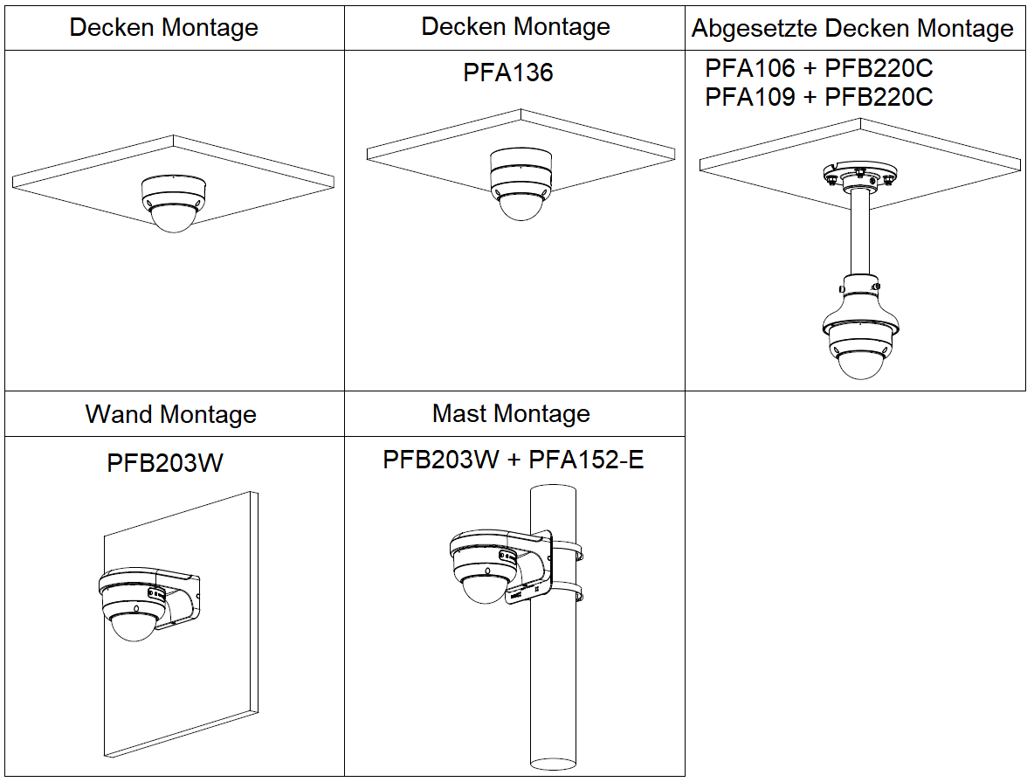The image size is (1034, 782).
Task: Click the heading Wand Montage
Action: pyautogui.click(x=170, y=414)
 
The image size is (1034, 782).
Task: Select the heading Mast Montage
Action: pyautogui.click(x=511, y=413)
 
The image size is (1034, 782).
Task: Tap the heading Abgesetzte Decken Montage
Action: pyautogui.click(x=852, y=28)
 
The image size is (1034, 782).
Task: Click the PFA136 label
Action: pyautogui.click(x=507, y=73)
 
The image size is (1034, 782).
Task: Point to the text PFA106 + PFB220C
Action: pyautogui.click(x=819, y=68)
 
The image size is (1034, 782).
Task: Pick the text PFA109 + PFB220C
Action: pyautogui.click(x=819, y=97)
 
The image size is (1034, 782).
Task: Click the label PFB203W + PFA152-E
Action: pyautogui.click(x=513, y=460)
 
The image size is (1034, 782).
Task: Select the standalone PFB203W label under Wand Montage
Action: pyautogui.click(x=165, y=462)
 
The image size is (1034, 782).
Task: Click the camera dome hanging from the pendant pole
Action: pyautogui.click(x=861, y=365)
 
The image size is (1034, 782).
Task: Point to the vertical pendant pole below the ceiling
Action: pyautogui.click(x=859, y=236)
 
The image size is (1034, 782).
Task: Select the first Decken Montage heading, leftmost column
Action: pyautogui.click(x=163, y=27)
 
